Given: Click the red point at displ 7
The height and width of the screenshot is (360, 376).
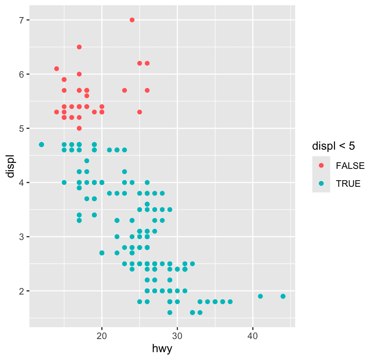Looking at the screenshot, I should [x=132, y=20].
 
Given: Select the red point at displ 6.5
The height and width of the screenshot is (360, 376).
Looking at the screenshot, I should [x=79, y=47].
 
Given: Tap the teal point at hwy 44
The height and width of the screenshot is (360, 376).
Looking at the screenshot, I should [x=283, y=296].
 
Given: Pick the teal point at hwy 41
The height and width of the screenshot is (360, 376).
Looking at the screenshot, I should [x=260, y=296].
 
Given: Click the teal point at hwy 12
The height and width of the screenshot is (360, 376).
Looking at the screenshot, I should [x=41, y=144].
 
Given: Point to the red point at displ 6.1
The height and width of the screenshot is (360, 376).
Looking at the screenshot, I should [x=56, y=69].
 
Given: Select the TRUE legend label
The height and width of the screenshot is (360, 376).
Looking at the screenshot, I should [x=348, y=184].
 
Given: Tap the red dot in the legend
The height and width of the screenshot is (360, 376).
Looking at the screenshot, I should [x=321, y=165].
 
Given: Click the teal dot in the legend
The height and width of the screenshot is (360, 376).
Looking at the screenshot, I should [x=321, y=184].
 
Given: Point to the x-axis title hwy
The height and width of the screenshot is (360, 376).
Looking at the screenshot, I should [x=162, y=348].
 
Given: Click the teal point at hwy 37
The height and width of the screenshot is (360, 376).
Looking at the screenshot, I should [x=230, y=302].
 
